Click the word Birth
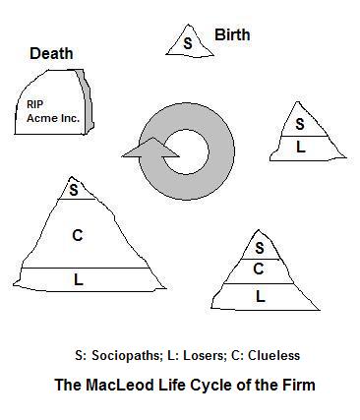click(x=232, y=34)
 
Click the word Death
click(x=51, y=53)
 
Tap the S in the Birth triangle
click(x=188, y=43)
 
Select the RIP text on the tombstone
click(x=34, y=104)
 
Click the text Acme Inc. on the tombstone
click(x=53, y=118)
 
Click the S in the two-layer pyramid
click(x=300, y=124)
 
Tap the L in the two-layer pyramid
click(x=301, y=147)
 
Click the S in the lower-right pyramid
click(x=260, y=248)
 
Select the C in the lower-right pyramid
click(x=259, y=269)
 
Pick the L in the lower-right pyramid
click(x=260, y=296)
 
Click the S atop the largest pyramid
click(x=74, y=190)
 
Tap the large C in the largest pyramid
click(x=78, y=235)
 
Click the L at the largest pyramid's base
click(x=79, y=279)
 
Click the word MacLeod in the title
click(x=119, y=385)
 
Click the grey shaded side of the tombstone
click(x=86, y=101)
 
